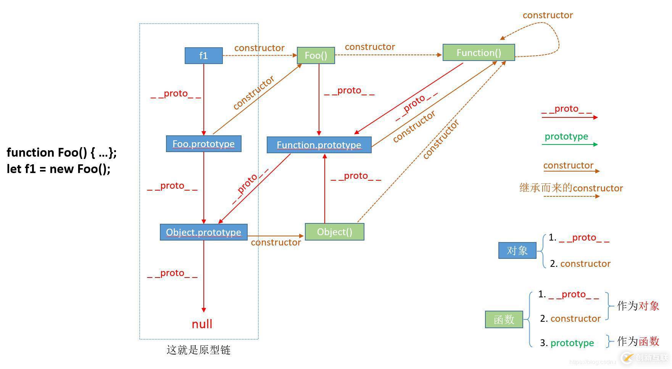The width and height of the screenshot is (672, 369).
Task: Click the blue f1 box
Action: pyautogui.click(x=203, y=56)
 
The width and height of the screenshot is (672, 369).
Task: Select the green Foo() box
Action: pyautogui.click(x=316, y=55)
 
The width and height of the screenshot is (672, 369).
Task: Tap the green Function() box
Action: pyautogui.click(x=479, y=53)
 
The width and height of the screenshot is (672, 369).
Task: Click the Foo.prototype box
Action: pyautogui.click(x=203, y=144)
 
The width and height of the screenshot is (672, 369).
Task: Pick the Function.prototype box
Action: pyautogui.click(x=319, y=145)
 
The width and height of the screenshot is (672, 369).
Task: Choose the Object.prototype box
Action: pyautogui.click(x=203, y=232)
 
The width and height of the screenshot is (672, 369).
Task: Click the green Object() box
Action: pyautogui.click(x=334, y=232)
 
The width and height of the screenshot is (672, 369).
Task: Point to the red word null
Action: pyautogui.click(x=202, y=324)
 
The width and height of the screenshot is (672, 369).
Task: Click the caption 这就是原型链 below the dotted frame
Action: pyautogui.click(x=198, y=350)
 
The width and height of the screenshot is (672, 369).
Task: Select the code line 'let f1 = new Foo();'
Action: pyautogui.click(x=58, y=169)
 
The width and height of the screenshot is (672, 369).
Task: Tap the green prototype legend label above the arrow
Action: pyautogui.click(x=566, y=136)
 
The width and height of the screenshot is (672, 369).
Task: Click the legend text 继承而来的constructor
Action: pyautogui.click(x=571, y=188)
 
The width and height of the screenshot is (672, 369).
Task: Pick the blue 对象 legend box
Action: pyautogui.click(x=517, y=250)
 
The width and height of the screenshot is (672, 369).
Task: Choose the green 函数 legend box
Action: pyautogui.click(x=504, y=319)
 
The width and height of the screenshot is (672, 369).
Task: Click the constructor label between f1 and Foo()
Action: pyautogui.click(x=259, y=48)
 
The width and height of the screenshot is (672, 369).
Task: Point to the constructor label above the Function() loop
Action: pyautogui.click(x=548, y=15)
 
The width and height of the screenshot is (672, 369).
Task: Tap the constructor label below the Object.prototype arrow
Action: pyautogui.click(x=276, y=242)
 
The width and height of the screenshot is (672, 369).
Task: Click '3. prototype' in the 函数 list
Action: pyautogui.click(x=567, y=343)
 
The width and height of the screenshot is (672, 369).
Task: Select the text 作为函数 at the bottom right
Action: pyautogui.click(x=638, y=341)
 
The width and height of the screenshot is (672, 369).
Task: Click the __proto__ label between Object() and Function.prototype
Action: pyautogui.click(x=356, y=176)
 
